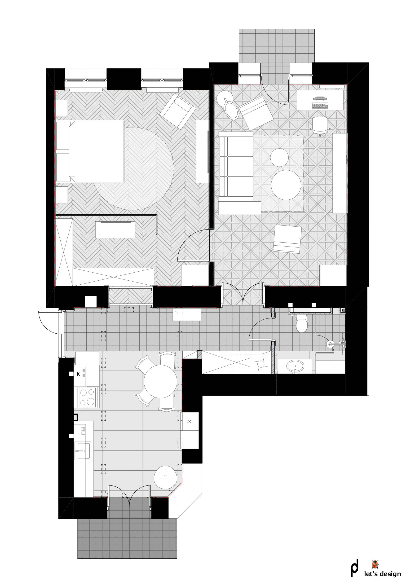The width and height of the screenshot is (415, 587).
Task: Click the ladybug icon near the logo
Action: [375, 564]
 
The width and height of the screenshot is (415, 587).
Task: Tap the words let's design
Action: [383, 574]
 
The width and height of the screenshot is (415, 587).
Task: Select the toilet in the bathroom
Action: [302, 323]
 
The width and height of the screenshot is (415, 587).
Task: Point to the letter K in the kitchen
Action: [79, 374]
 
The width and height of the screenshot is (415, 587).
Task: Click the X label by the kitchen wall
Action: [190, 422]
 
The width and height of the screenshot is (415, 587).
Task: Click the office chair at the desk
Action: [320, 125]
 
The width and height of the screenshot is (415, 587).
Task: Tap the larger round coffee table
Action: [286, 185]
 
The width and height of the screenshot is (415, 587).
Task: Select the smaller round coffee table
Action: [279, 158]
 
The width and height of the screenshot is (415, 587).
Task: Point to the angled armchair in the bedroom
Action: [178, 111]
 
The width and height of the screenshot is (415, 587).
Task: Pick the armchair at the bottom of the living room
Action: [287, 239]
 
